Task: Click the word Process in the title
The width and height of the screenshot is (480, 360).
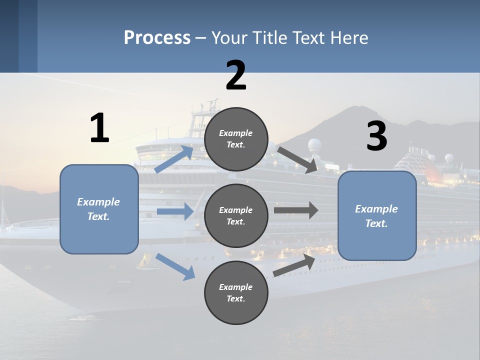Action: [157, 38]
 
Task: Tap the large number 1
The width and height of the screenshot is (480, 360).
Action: [99, 128]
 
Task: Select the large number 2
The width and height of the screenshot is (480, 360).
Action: [236, 75]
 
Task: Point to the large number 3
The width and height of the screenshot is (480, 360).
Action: [376, 136]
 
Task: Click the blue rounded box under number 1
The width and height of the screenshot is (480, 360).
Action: [99, 209]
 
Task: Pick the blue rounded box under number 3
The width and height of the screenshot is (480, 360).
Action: [377, 215]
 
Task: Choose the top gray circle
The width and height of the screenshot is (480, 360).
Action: [236, 139]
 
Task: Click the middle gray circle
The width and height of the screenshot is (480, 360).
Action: [236, 215]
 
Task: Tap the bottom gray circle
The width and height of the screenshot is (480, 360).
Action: [236, 292]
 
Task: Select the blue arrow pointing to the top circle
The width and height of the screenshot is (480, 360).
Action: [174, 159]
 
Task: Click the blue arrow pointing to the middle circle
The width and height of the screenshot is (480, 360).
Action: [175, 211]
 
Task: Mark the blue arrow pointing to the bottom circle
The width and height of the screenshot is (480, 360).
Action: [175, 266]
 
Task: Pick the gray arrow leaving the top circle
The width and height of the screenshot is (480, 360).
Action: [298, 159]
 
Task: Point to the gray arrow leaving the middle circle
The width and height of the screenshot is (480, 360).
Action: [296, 210]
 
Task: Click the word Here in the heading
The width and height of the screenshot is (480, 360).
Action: [347, 38]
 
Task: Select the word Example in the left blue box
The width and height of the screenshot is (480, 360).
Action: [98, 202]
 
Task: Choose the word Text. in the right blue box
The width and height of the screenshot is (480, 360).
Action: [376, 223]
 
